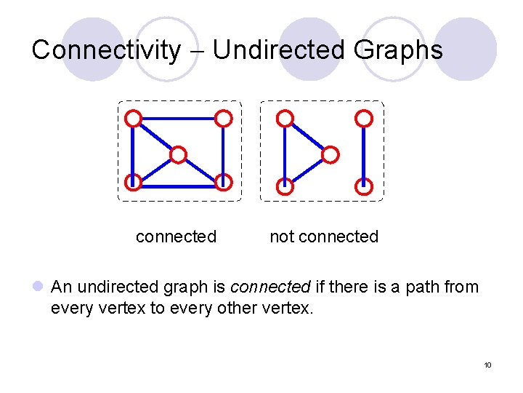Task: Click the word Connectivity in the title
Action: tap(105, 50)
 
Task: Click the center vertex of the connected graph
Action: tap(178, 154)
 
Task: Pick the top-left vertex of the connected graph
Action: tap(133, 117)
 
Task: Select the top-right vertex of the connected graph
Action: tap(224, 117)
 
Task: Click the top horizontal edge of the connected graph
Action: tap(179, 117)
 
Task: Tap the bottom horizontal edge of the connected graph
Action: tap(178, 186)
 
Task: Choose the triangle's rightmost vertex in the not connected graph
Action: tap(330, 154)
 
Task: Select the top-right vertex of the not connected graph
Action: tap(365, 117)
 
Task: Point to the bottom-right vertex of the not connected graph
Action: tap(365, 186)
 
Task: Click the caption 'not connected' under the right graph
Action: tap(324, 237)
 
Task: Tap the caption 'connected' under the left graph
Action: tap(176, 237)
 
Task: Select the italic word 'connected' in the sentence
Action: tap(270, 287)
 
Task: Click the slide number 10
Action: tap(487, 364)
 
